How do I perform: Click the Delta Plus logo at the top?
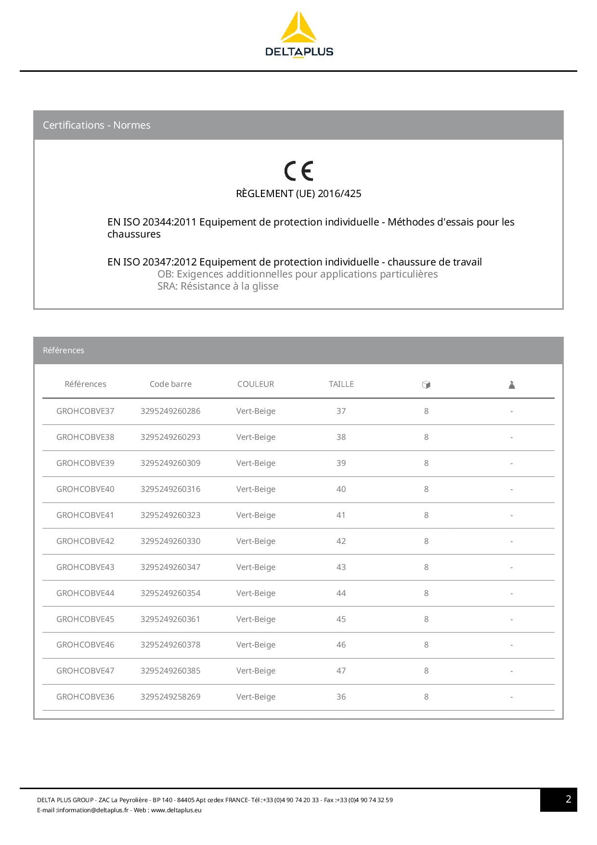pyautogui.click(x=298, y=35)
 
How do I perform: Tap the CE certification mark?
pyautogui.click(x=298, y=171)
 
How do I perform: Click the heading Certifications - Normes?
pyautogui.click(x=97, y=125)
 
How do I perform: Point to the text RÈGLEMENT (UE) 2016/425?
pyautogui.click(x=298, y=194)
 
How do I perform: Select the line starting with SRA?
pyautogui.click(x=218, y=286)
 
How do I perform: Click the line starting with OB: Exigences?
pyautogui.click(x=298, y=274)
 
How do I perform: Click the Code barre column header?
pyautogui.click(x=170, y=384)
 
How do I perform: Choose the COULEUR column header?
pyautogui.click(x=256, y=384)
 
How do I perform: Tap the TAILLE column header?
pyautogui.click(x=341, y=384)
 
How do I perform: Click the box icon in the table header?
pyautogui.click(x=426, y=384)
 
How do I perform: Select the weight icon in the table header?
pyautogui.click(x=512, y=384)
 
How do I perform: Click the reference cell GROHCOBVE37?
pyautogui.click(x=85, y=411)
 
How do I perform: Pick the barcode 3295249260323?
pyautogui.click(x=170, y=515)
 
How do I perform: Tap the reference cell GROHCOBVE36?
pyautogui.click(x=85, y=697)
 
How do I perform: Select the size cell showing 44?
pyautogui.click(x=341, y=593)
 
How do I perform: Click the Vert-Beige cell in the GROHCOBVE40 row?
pyautogui.click(x=256, y=489)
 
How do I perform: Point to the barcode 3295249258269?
pyautogui.click(x=170, y=697)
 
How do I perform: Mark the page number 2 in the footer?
pyautogui.click(x=568, y=799)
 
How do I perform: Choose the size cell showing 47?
pyautogui.click(x=341, y=671)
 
